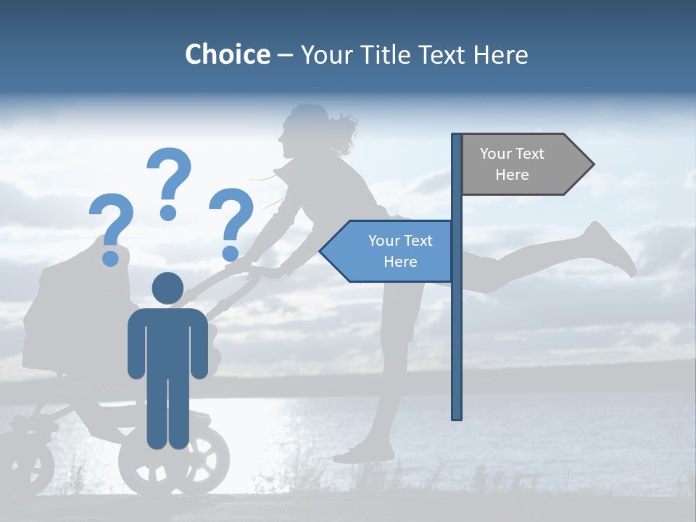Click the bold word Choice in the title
point(227,54)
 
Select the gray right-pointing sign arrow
point(526,165)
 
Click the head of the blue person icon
point(167,289)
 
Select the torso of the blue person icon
point(167,341)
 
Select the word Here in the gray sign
point(512,175)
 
